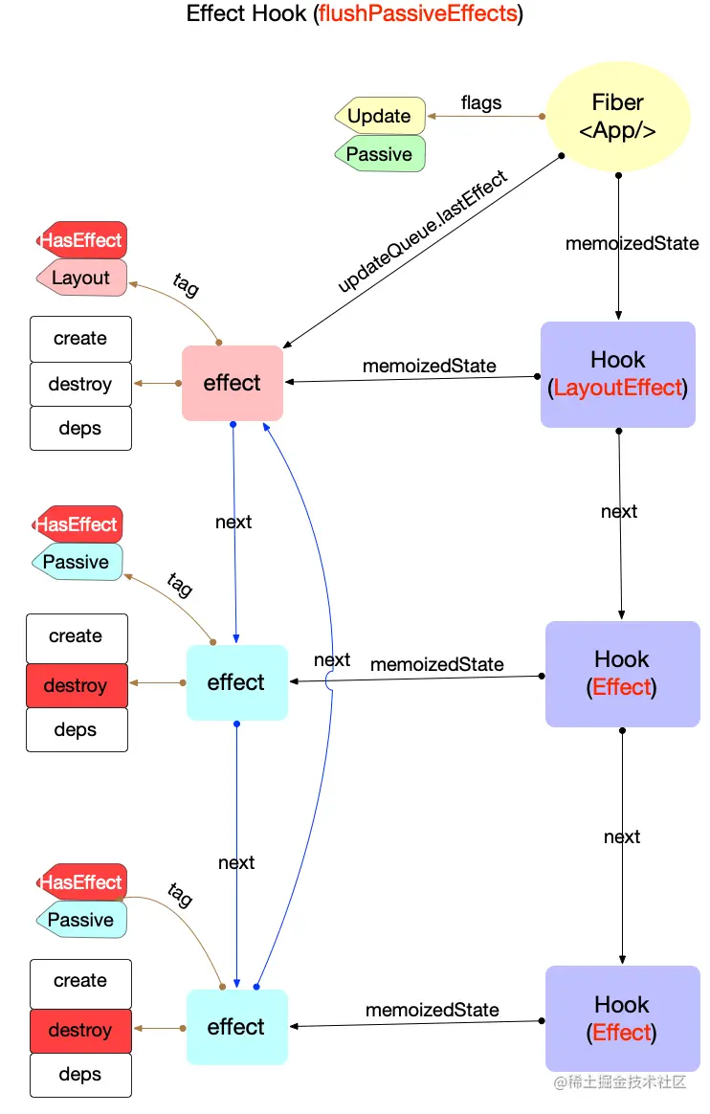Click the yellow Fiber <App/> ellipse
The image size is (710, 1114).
[617, 117]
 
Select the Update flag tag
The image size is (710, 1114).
[380, 117]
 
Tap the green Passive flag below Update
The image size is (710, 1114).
[380, 154]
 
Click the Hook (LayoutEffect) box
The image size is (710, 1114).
[618, 373]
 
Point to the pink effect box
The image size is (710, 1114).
[233, 383]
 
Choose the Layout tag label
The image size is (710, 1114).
[81, 278]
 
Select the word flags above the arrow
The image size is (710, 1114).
[481, 102]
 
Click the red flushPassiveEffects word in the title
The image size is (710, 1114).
[418, 14]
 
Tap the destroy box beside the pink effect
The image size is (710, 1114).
[80, 385]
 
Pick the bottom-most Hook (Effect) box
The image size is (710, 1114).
[622, 1018]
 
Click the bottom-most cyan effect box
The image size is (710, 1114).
[236, 1027]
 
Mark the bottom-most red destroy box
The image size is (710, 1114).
[80, 1031]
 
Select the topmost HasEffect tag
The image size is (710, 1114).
[81, 240]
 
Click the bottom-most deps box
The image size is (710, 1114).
[80, 1075]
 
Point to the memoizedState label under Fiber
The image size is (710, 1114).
[632, 243]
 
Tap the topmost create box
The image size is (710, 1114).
[80, 339]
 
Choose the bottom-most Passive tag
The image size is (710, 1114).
[81, 920]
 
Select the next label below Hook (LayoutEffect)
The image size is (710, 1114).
[619, 511]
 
